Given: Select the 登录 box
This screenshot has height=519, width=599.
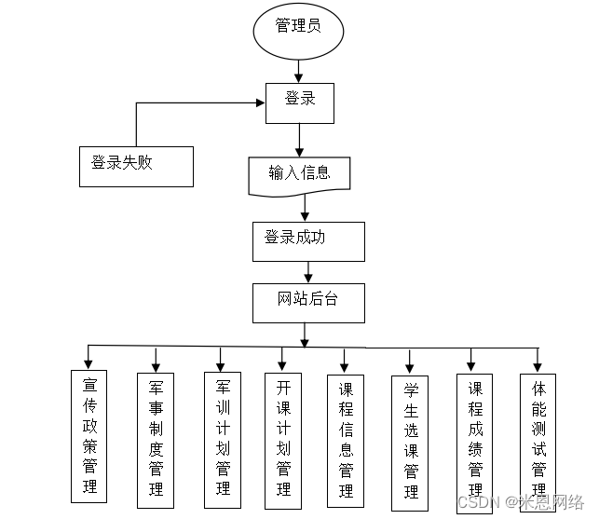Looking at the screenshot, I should tap(299, 102).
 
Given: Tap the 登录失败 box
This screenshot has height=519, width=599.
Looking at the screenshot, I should tap(136, 166).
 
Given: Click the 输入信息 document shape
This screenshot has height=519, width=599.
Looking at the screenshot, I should tap(299, 175).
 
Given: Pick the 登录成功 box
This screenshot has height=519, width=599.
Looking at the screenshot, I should tap(308, 240).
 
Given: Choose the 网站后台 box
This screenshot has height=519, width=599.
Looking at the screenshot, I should tap(308, 303).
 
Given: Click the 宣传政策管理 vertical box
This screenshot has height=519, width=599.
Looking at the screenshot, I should tap(89, 435).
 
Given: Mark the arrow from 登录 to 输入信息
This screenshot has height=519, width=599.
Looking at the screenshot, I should tap(299, 140).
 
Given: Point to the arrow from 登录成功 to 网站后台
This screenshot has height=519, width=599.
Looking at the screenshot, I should tap(308, 272).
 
